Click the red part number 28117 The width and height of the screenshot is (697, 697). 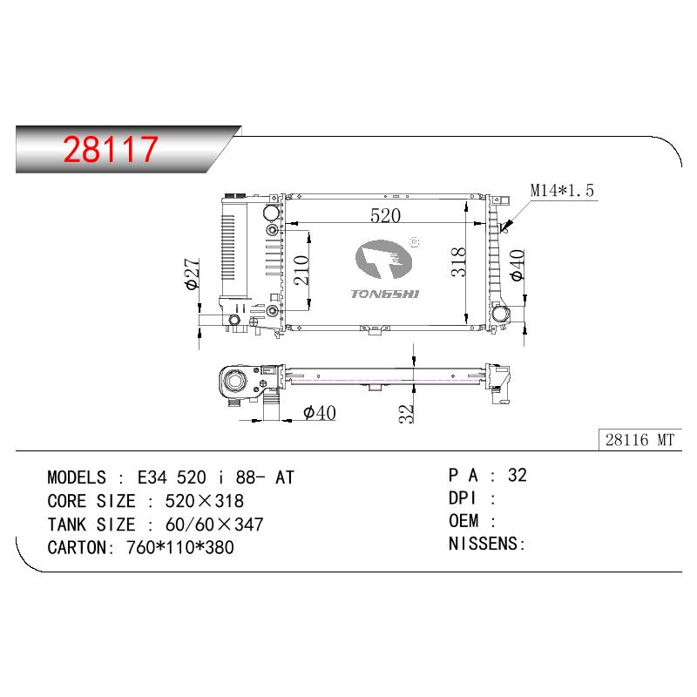111,149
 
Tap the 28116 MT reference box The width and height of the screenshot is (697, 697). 640,440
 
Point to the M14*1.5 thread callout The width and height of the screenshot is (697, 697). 562,190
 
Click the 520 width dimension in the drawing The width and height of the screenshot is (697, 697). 385,215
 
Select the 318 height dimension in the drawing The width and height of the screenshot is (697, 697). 458,262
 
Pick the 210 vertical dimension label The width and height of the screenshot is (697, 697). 301,270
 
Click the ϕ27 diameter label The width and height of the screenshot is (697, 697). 193,274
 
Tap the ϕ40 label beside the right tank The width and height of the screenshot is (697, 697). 518,266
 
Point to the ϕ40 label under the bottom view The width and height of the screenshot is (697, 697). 320,412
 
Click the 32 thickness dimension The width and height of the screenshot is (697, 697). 406,413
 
